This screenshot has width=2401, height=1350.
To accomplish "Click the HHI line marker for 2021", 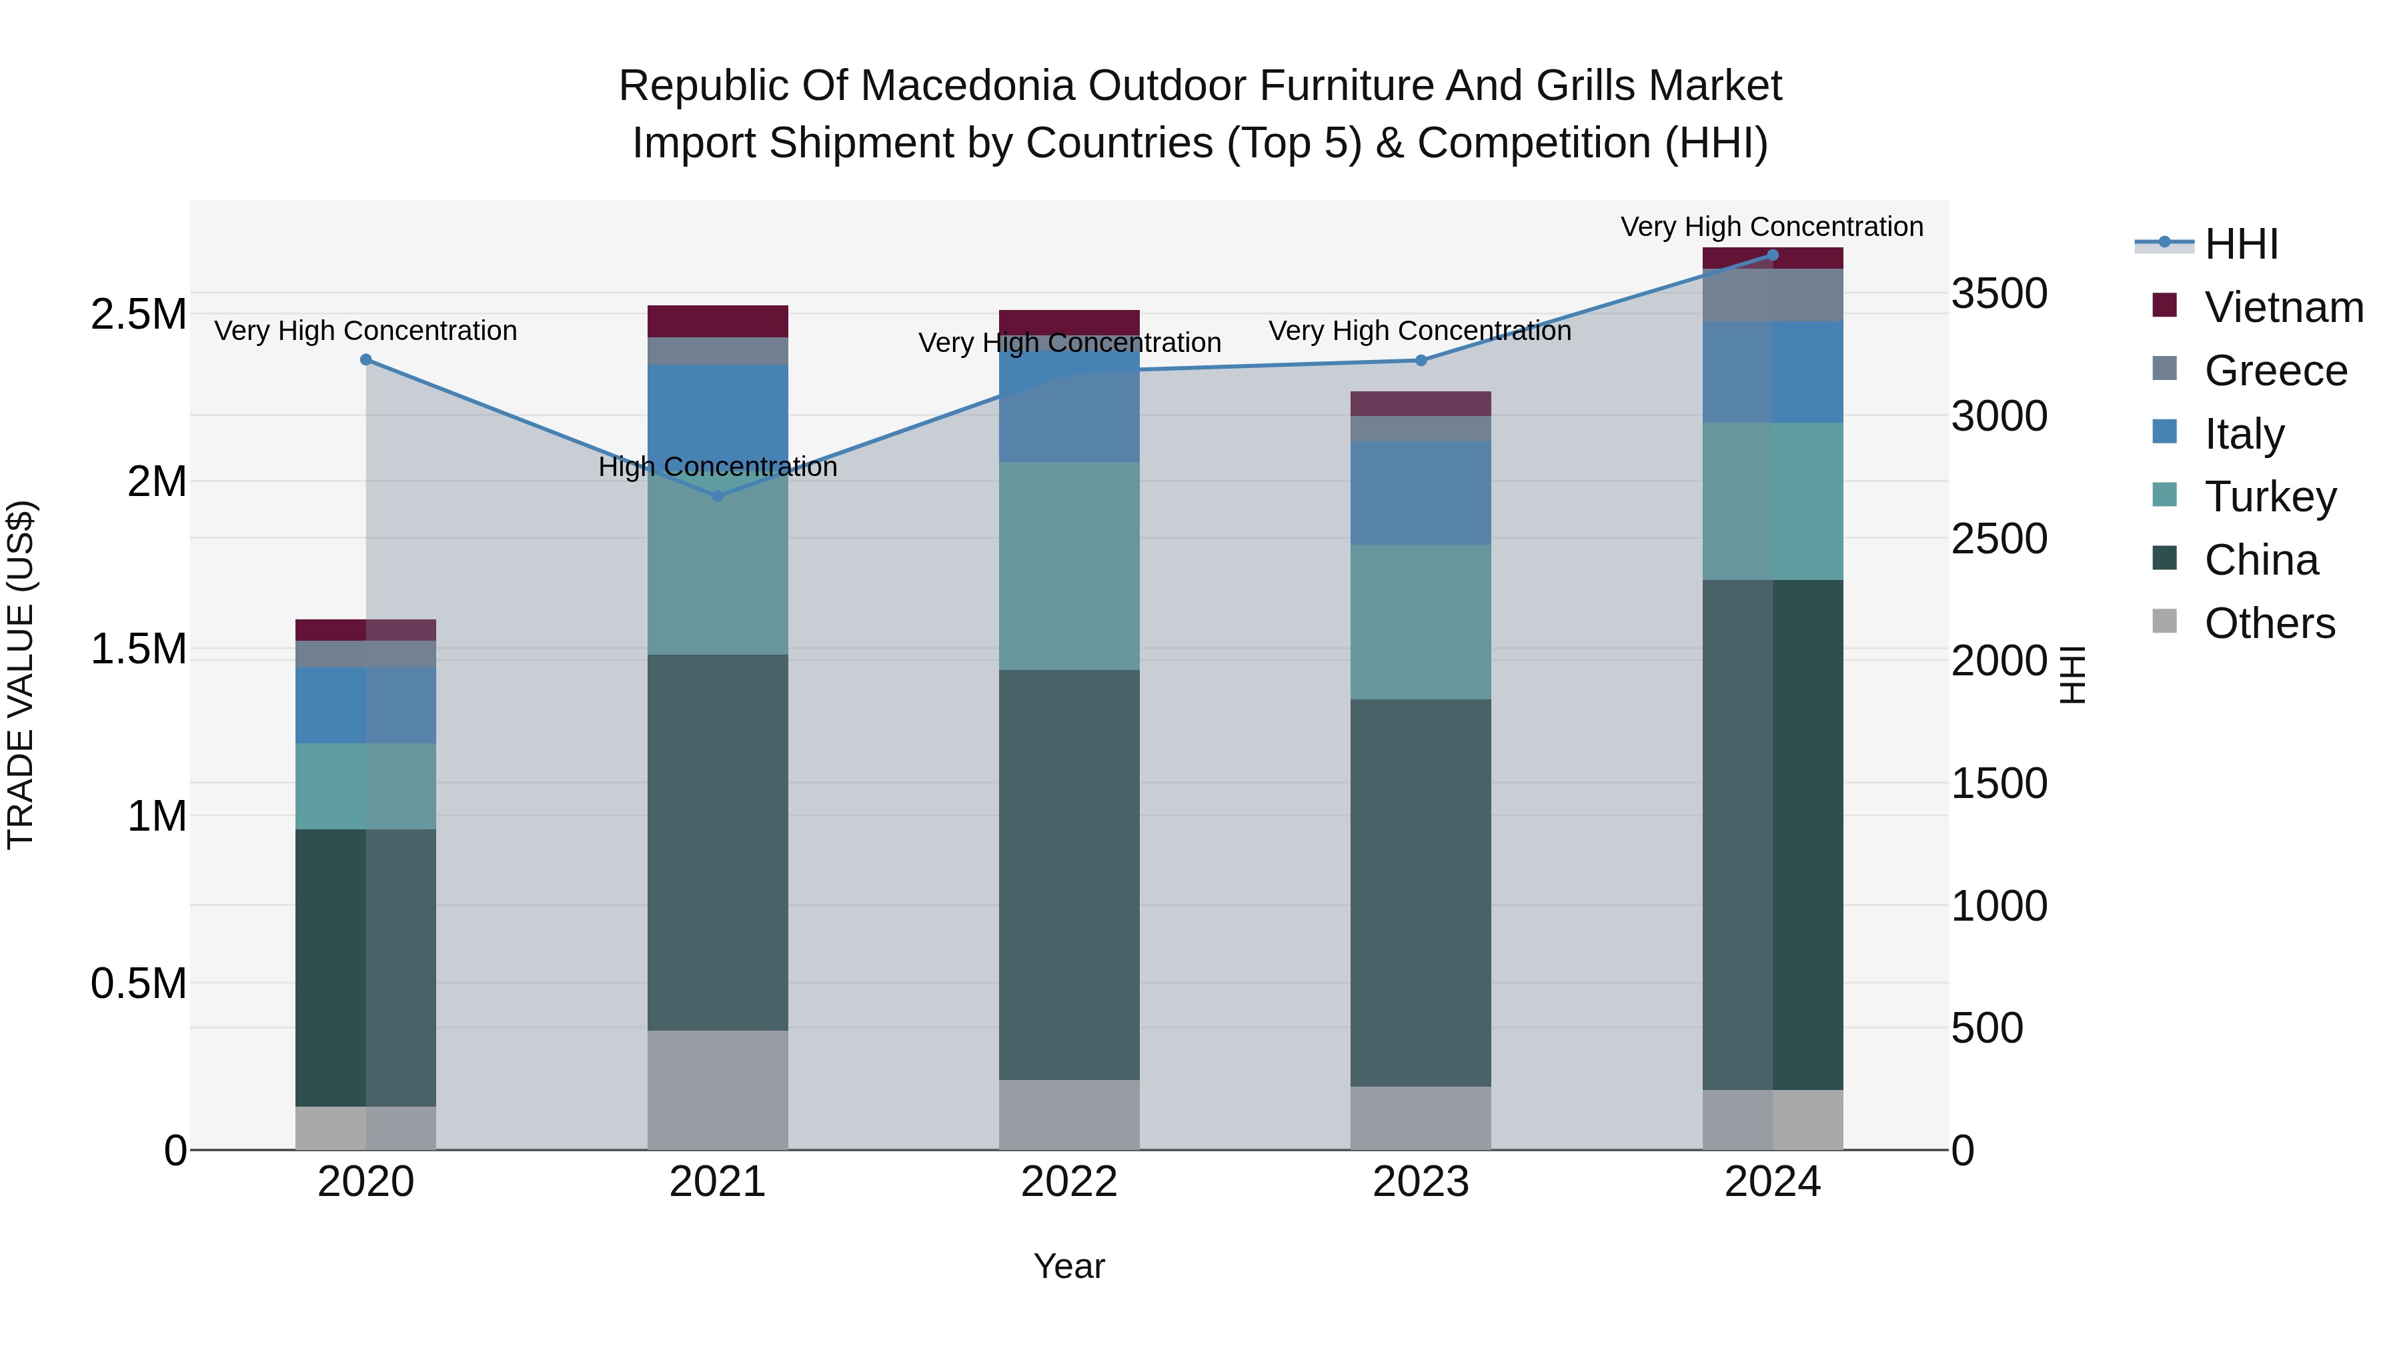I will [718, 495].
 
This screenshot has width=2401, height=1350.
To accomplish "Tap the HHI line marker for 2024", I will [1773, 255].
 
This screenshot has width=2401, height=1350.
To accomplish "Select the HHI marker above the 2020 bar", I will [365, 359].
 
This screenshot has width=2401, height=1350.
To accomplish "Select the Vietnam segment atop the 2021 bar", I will [718, 321].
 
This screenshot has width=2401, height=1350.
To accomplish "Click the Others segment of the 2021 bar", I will [718, 1089].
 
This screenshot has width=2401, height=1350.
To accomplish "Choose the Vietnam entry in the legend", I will [2284, 307].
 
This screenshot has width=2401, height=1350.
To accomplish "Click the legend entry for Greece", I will [2275, 371].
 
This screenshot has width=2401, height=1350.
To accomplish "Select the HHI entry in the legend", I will [2241, 244].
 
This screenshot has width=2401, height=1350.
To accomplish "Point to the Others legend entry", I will [2270, 623].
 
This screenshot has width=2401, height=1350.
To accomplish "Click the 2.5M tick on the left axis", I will [138, 315].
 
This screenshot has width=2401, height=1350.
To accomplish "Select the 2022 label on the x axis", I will [1069, 1182].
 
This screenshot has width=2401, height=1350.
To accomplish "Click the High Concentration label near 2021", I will [718, 467].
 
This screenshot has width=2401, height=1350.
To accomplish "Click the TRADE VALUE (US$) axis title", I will [21, 675].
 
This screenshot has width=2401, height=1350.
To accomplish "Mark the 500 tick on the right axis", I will [1987, 1029].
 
